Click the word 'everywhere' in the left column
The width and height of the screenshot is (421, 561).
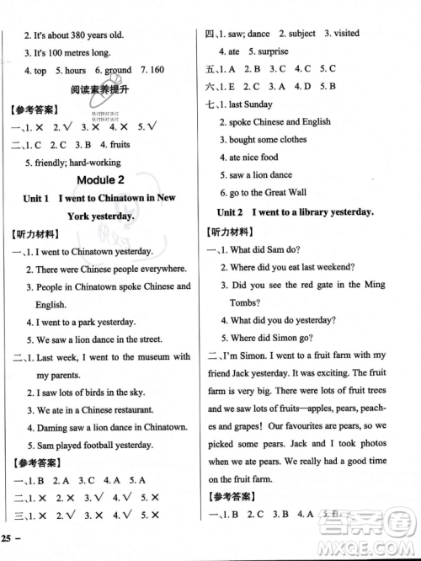(x=160, y=269)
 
